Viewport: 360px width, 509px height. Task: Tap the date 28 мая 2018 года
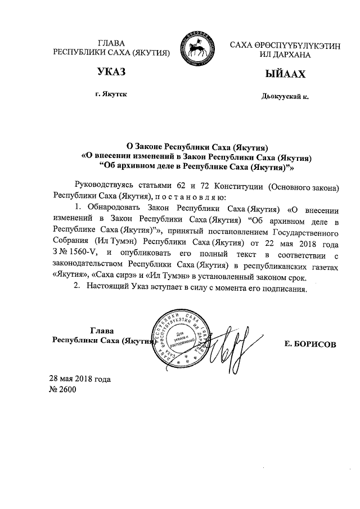(79, 379)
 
